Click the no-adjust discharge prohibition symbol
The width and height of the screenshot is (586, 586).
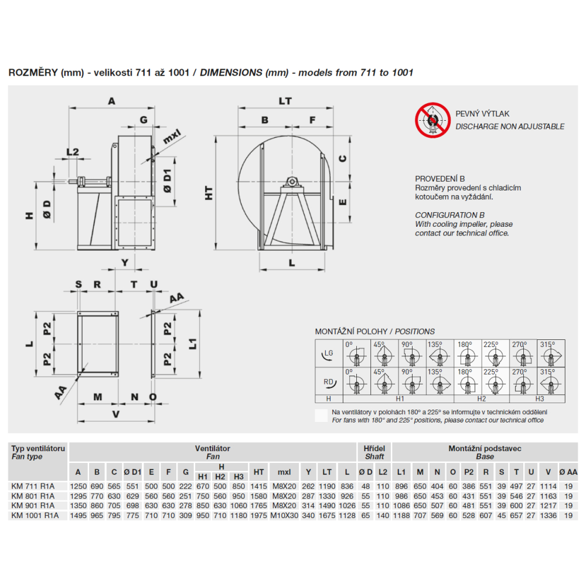pyautogui.click(x=432, y=120)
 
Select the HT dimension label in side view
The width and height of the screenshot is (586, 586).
pyautogui.click(x=209, y=194)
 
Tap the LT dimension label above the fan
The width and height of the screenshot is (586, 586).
pyautogui.click(x=285, y=101)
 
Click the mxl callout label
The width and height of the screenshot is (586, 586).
pyautogui.click(x=172, y=139)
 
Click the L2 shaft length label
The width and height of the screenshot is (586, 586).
pyautogui.click(x=72, y=152)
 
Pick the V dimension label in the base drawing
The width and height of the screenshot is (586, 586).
pyautogui.click(x=116, y=414)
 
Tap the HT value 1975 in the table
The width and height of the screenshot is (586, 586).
pyautogui.click(x=258, y=515)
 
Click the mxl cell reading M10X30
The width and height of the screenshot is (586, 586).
pyautogui.click(x=284, y=515)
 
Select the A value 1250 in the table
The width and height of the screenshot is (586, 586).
pyautogui.click(x=78, y=486)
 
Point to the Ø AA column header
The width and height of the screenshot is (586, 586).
pyautogui.click(x=568, y=472)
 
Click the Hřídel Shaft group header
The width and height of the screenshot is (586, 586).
pyautogui.click(x=374, y=452)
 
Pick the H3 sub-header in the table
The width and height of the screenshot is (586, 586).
pyautogui.click(x=239, y=476)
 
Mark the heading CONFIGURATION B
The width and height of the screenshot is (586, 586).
pyautogui.click(x=450, y=215)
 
